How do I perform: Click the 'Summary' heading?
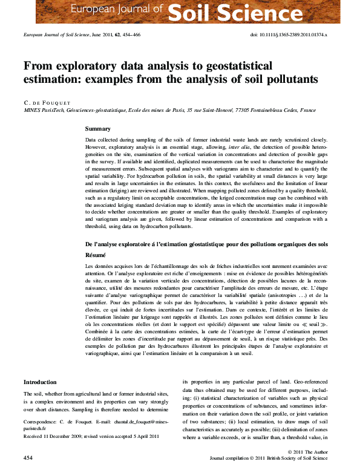click(x=98, y=129)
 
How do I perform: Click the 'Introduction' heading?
click(x=40, y=382)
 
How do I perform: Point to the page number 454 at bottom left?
click(x=28, y=458)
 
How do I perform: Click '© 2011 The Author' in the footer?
click(x=308, y=452)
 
